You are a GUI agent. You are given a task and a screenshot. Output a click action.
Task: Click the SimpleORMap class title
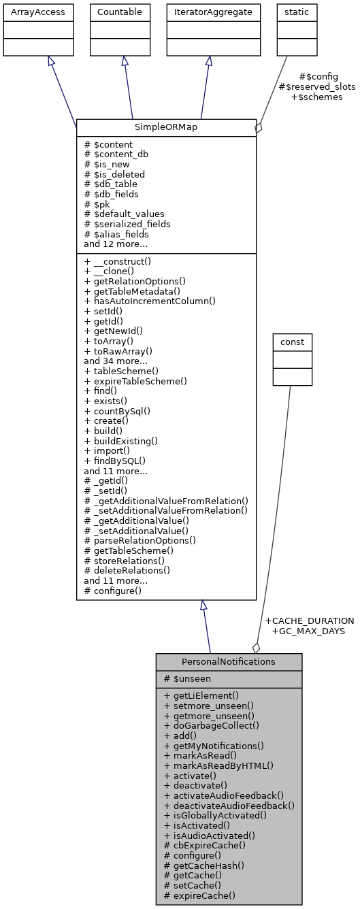pyautogui.click(x=166, y=128)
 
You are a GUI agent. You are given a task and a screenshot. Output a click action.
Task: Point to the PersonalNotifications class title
pyautogui.click(x=229, y=661)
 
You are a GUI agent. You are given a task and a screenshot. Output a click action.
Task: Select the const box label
pyautogui.click(x=292, y=341)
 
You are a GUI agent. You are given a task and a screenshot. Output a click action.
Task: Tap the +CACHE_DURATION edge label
pyautogui.click(x=309, y=621)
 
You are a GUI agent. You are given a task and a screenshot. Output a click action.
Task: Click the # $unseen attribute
pyautogui.click(x=187, y=679)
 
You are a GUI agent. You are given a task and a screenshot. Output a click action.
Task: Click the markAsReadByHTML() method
pyautogui.click(x=218, y=765)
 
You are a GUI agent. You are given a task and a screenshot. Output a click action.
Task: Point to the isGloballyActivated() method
pyautogui.click(x=215, y=815)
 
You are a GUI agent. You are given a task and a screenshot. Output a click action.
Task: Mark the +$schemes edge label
pyautogui.click(x=316, y=97)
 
